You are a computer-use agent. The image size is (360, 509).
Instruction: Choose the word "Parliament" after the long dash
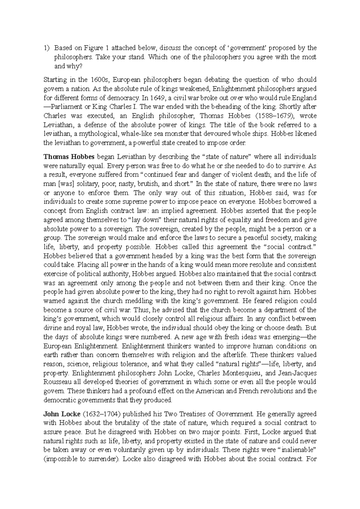(x=65, y=107)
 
